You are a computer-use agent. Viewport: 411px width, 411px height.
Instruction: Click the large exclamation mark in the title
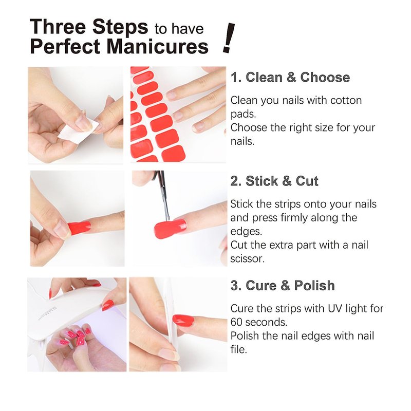229,38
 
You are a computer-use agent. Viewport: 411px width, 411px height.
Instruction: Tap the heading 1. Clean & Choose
290,78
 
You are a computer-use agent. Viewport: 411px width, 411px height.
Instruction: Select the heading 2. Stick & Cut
274,181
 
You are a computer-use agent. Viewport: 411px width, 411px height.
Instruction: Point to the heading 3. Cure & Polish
283,286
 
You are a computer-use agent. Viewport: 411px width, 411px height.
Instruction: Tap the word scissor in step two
248,259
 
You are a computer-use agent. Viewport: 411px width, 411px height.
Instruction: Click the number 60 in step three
237,322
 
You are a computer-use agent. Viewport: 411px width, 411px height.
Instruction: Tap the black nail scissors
162,194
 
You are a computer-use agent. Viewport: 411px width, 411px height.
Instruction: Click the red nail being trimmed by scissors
170,229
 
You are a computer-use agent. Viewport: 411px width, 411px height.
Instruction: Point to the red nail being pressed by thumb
80,228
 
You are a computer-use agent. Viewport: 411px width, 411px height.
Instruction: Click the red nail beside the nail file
183,320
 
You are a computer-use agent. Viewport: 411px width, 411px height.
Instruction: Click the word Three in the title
58,27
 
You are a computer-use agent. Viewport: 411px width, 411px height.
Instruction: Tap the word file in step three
239,349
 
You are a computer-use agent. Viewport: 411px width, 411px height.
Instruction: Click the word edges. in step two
246,232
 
